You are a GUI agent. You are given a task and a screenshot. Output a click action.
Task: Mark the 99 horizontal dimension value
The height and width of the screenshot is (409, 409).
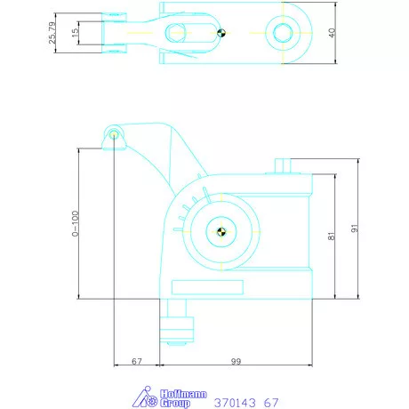[235, 362]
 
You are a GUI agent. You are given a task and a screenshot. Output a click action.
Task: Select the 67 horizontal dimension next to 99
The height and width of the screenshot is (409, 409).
[136, 362]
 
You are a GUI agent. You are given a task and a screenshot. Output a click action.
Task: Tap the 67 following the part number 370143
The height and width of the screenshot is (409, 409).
[270, 402]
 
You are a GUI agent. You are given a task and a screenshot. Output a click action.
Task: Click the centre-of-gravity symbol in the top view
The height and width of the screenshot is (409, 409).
[221, 34]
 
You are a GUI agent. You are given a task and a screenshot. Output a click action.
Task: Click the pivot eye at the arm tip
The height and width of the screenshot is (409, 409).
[115, 134]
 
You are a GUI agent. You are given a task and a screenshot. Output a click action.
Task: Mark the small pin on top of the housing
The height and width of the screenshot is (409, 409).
[282, 165]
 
